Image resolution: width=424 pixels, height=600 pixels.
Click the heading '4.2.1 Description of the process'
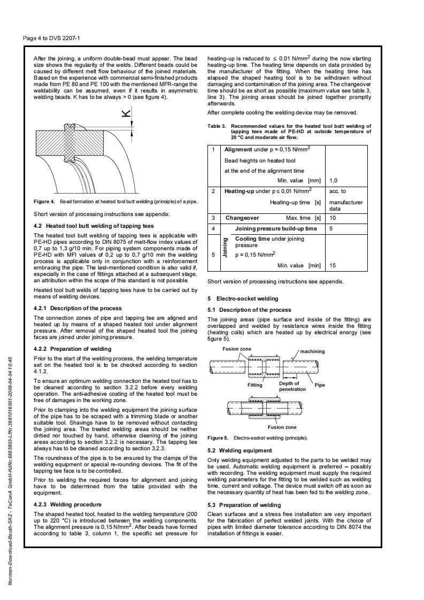[78, 308]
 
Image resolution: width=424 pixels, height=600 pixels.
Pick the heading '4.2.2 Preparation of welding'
[72, 349]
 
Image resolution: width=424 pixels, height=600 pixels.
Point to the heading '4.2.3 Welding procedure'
[67, 504]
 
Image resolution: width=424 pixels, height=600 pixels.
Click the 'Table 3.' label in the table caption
[217, 127]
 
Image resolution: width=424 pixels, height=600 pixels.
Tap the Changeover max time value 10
[333, 218]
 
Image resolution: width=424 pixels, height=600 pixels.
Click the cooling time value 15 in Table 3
[333, 265]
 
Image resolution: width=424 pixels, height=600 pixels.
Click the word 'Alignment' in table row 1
[242, 149]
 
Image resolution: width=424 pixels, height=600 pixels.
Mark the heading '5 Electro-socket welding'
[242, 298]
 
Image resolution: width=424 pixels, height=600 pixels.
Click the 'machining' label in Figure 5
[312, 351]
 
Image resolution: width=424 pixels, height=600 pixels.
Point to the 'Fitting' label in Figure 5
[255, 384]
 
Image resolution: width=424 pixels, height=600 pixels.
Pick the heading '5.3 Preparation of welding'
[244, 505]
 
